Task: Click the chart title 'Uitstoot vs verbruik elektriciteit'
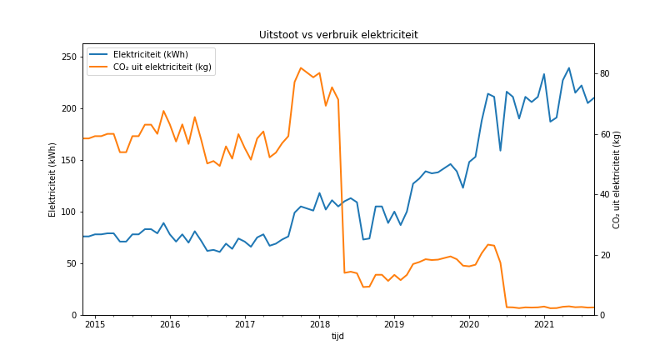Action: tap(338, 35)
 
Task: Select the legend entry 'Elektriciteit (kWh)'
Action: tap(150, 55)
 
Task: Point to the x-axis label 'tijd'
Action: tap(337, 336)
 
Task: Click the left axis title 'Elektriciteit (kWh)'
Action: tap(52, 179)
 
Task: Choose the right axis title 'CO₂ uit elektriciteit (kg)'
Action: tap(617, 179)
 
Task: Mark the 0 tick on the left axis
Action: tap(74, 315)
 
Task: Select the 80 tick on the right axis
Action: tap(605, 73)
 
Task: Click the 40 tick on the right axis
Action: tap(605, 194)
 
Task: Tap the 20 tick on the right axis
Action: tap(605, 255)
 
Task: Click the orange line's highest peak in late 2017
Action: tap(301, 68)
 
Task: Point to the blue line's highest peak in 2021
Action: tap(569, 68)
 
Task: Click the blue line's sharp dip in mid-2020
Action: tap(500, 151)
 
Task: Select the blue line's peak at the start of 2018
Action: tap(319, 193)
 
